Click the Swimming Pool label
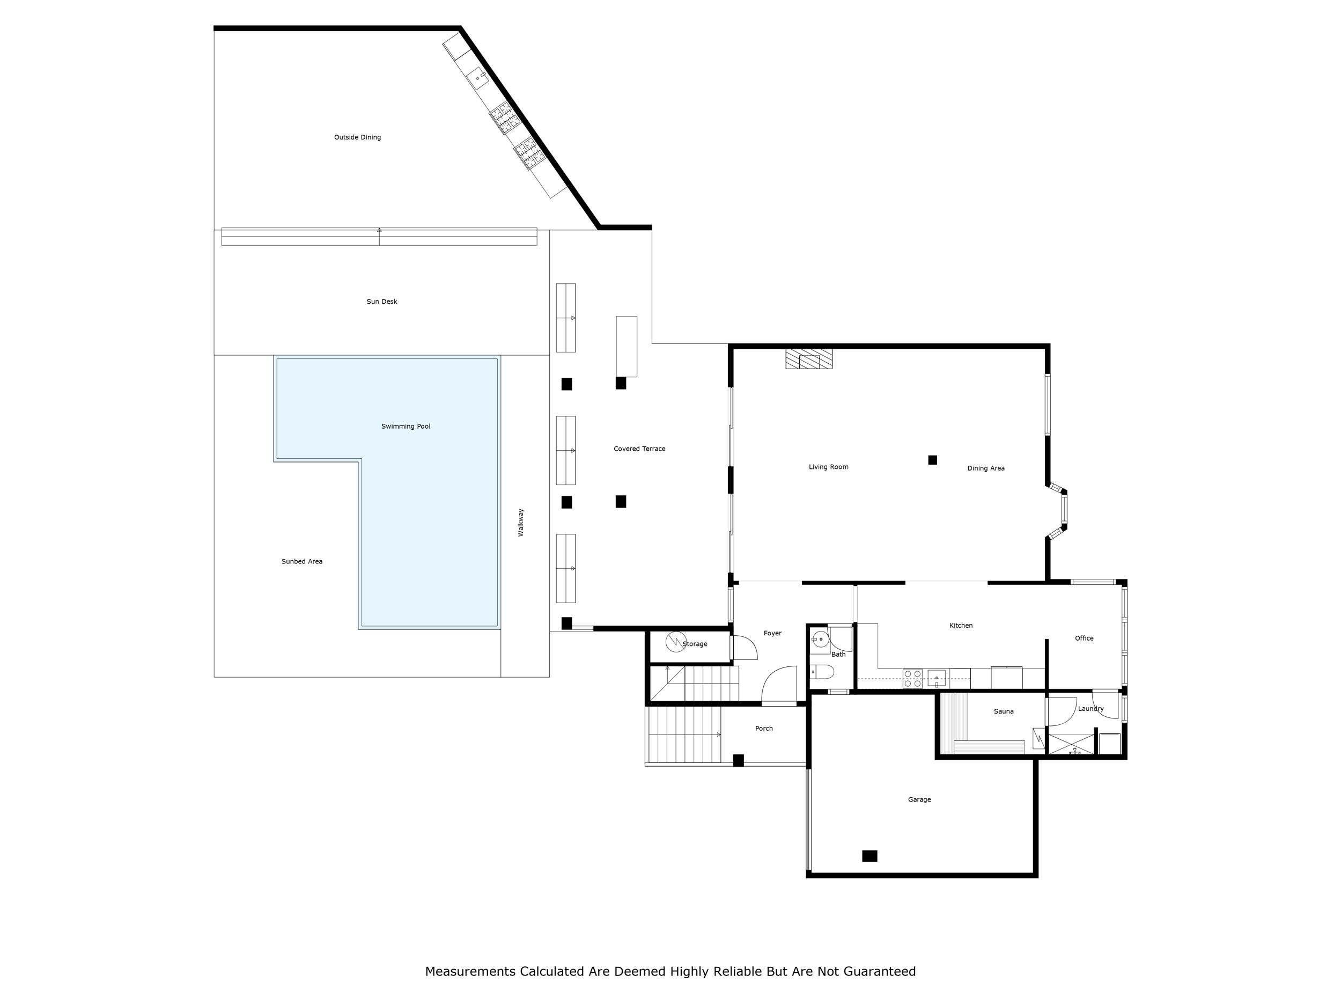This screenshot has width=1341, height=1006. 406,427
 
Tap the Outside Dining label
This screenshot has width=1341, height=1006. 357,137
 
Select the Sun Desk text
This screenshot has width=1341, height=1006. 381,302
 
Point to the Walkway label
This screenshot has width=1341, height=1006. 521,522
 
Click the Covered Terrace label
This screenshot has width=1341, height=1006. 639,449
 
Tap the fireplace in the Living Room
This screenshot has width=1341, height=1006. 809,358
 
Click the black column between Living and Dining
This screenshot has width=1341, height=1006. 932,460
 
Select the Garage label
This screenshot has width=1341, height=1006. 919,799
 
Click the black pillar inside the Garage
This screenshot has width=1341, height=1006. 870,856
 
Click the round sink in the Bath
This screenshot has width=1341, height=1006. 820,639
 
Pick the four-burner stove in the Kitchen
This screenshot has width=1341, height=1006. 912,679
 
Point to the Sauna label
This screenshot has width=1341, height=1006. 1003,711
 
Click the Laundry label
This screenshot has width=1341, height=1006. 1091,708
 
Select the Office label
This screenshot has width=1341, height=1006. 1084,638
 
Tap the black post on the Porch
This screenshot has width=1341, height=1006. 739,760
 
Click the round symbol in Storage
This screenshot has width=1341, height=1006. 676,642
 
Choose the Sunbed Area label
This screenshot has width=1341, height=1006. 301,562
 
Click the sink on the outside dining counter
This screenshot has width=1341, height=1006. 478,78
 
